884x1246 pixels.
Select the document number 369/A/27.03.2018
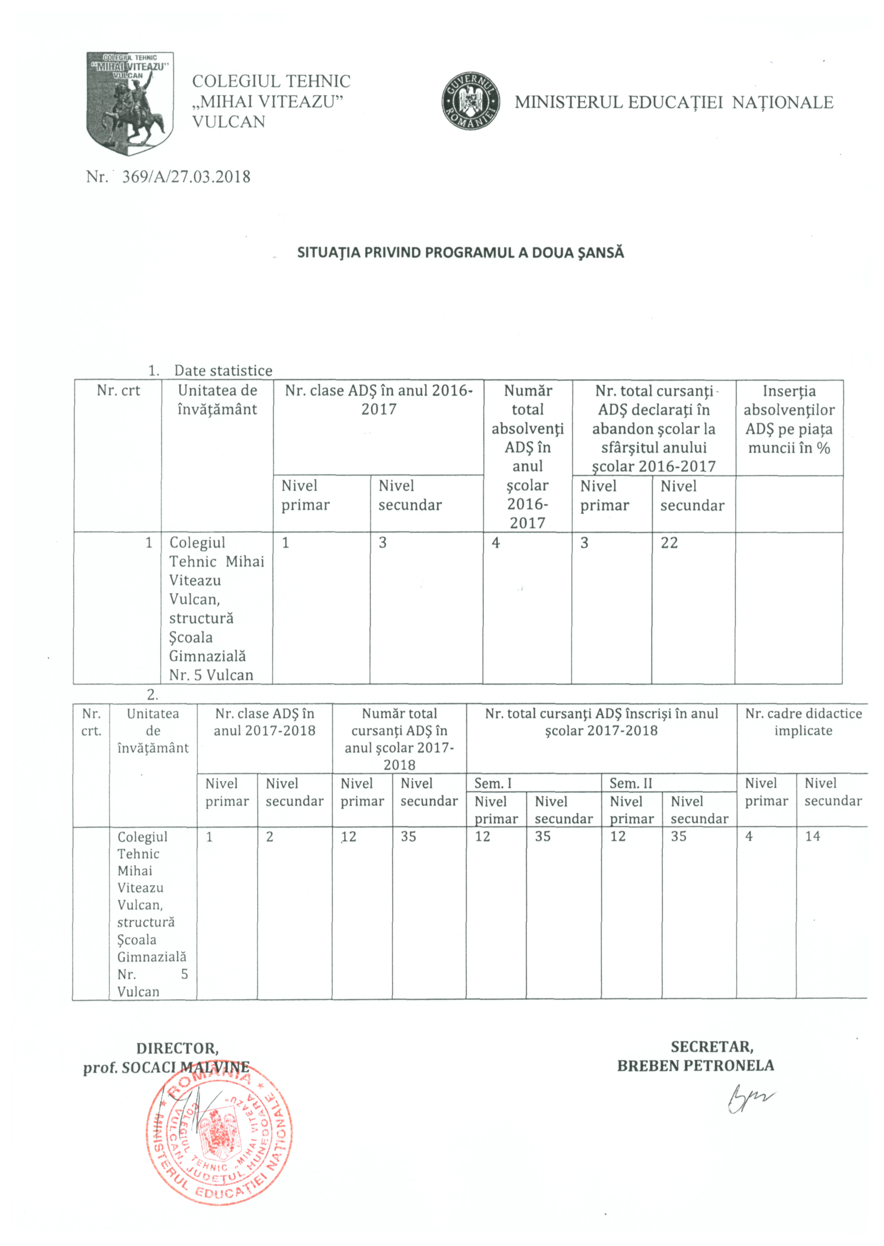186,177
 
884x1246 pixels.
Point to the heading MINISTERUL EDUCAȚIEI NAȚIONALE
674,102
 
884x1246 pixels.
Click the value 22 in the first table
669,543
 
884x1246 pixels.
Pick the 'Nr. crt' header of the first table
118,390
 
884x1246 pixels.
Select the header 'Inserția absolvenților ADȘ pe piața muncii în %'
789,419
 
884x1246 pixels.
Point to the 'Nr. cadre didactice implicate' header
803,722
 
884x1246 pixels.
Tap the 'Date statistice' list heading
223,371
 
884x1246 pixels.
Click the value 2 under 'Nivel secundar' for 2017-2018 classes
269,837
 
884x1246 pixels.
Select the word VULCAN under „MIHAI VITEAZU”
229,121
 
